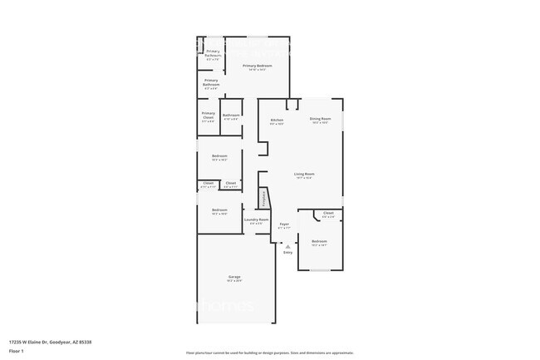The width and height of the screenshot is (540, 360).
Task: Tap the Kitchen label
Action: click(x=277, y=121)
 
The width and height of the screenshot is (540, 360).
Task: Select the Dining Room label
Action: click(x=320, y=120)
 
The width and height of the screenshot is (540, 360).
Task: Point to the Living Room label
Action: click(x=302, y=175)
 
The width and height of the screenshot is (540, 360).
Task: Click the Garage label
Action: click(x=234, y=278)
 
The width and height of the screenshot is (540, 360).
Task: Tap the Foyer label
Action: click(x=283, y=224)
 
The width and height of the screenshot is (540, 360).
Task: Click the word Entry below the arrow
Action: click(x=287, y=252)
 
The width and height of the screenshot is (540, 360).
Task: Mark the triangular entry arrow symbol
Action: click(x=287, y=246)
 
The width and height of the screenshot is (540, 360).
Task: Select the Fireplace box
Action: click(x=264, y=199)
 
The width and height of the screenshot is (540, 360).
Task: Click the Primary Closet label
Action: click(x=208, y=116)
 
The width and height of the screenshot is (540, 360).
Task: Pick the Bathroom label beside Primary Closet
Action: click(x=231, y=116)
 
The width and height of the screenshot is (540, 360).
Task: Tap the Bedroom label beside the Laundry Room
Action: click(x=218, y=211)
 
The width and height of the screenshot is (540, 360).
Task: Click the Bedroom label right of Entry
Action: click(x=319, y=243)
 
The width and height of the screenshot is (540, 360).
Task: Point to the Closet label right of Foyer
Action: click(x=327, y=215)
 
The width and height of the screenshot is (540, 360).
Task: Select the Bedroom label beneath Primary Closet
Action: click(x=218, y=157)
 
